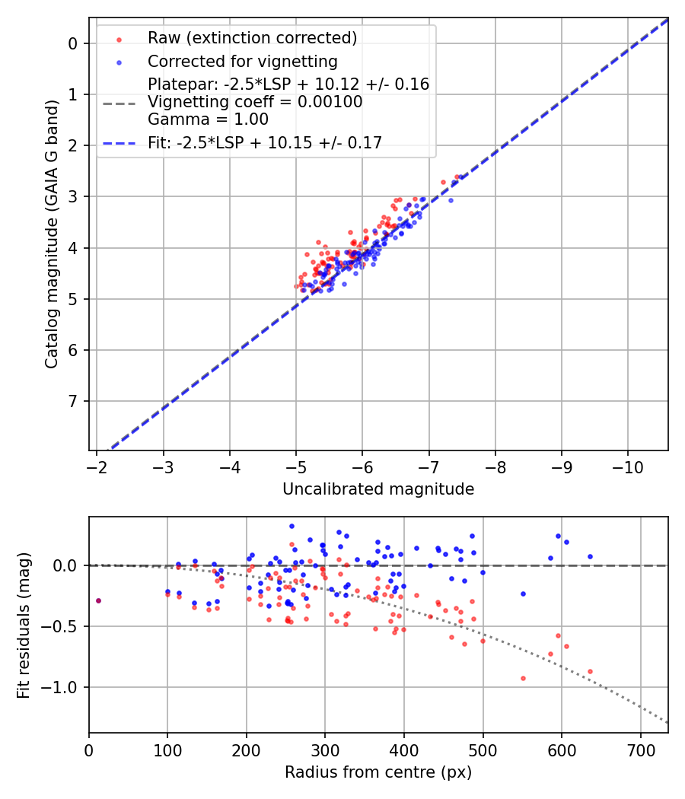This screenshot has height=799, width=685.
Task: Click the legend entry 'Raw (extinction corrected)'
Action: tap(252, 38)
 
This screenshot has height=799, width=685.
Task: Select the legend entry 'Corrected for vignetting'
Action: tap(242, 62)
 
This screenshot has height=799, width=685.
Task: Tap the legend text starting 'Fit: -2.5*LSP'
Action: tap(265, 142)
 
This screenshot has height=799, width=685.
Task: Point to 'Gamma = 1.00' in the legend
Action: tap(208, 119)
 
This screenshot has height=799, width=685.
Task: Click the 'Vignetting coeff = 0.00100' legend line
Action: tap(255, 101)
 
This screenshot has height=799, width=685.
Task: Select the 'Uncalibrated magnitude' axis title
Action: tap(378, 489)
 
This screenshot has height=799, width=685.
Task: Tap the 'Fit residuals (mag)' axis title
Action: tap(24, 626)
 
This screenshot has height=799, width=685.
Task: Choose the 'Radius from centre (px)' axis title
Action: tap(378, 772)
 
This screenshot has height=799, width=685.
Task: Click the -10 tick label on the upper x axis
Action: tap(627, 466)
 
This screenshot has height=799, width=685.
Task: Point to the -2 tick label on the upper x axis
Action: tap(97, 466)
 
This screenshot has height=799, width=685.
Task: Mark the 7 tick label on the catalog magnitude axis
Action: tap(74, 401)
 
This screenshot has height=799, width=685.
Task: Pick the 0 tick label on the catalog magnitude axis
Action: tap(74, 43)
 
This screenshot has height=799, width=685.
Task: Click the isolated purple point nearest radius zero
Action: tap(98, 600)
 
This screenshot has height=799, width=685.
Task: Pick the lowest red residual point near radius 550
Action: tap(523, 678)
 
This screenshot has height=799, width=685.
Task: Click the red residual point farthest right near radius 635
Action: tap(590, 672)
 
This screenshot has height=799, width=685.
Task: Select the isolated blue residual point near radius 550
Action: tap(523, 594)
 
